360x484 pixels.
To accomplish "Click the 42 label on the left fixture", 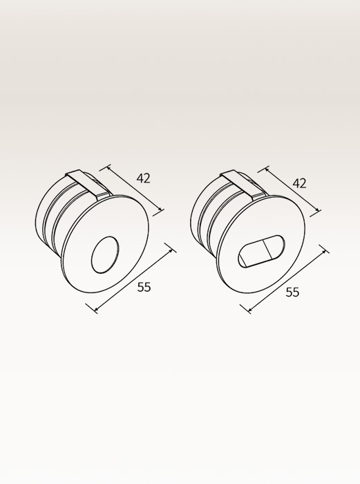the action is (143, 178).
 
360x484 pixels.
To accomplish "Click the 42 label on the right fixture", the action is (299, 183).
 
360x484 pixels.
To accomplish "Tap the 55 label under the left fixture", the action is (144, 287).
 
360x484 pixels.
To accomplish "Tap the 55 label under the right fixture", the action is (292, 292).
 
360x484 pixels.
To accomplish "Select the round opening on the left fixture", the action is (105, 255).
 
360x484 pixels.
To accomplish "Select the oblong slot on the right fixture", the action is (262, 251).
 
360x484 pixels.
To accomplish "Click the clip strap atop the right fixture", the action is (244, 184).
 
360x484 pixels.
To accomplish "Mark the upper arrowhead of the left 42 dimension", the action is (108, 168).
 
